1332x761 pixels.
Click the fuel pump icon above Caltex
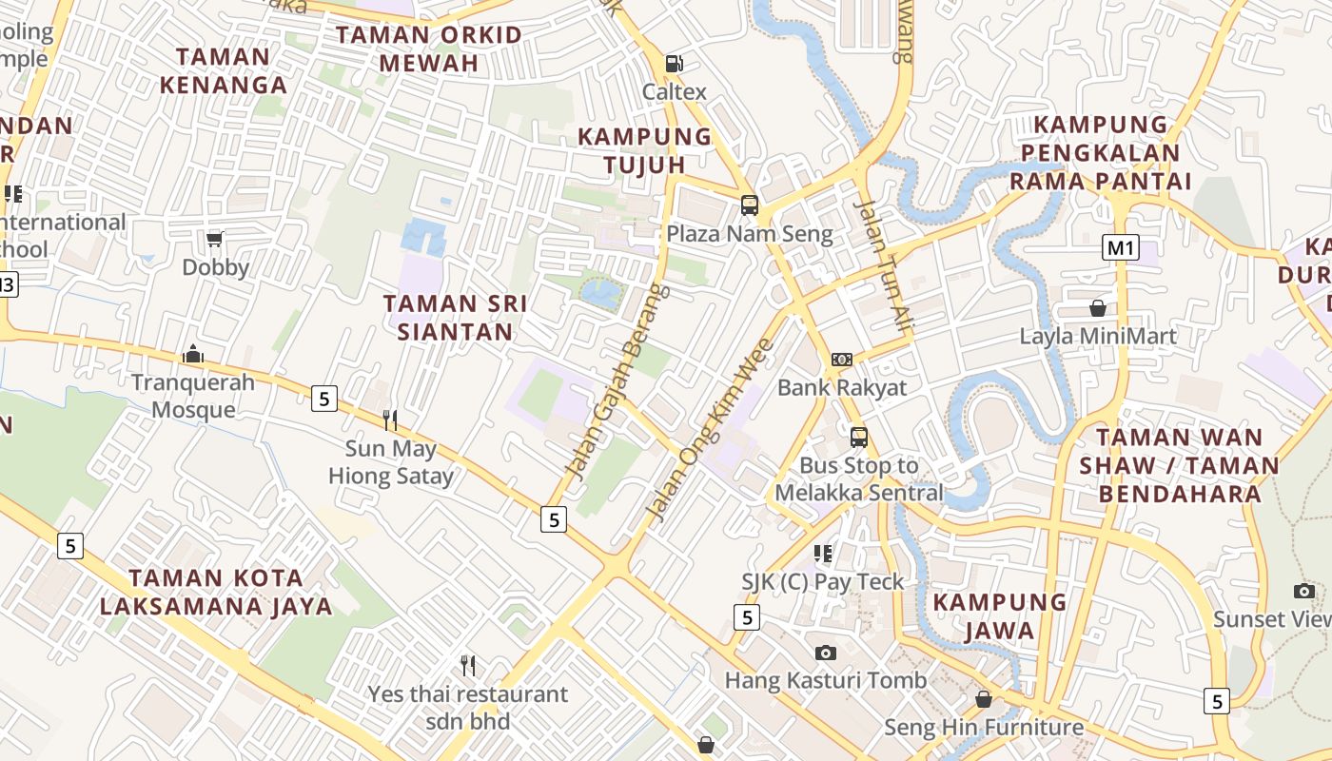[x=674, y=64]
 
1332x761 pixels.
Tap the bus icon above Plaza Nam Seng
[x=750, y=205]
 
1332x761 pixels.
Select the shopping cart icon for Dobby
[x=215, y=239]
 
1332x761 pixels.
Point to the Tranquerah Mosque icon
[x=193, y=355]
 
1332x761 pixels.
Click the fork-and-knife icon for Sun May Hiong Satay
[x=389, y=420]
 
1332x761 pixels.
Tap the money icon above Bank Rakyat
[x=842, y=360]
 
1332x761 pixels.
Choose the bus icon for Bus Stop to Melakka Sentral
[x=859, y=437]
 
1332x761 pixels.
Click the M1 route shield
[x=1121, y=248]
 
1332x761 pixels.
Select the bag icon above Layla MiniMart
[x=1098, y=308]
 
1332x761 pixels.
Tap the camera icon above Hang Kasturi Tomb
[x=825, y=653]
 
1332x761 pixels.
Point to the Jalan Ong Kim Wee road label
[x=710, y=430]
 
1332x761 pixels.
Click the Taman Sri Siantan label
[x=455, y=318]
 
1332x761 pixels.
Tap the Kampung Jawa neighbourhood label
[x=1000, y=615]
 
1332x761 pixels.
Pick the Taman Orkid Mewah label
[x=428, y=49]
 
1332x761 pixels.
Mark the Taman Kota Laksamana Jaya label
[x=216, y=592]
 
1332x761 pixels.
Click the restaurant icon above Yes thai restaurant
[x=467, y=665]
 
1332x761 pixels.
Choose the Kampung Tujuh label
[x=645, y=150]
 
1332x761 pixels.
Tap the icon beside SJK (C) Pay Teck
[x=823, y=553]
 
